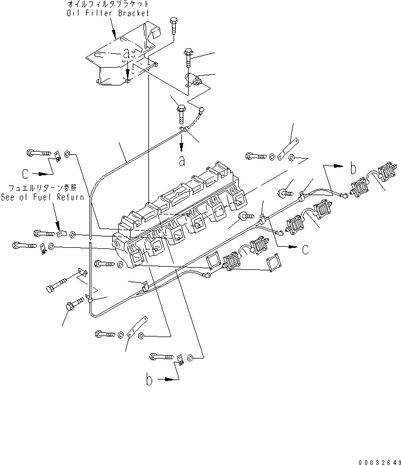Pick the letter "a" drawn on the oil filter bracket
[x=127, y=54]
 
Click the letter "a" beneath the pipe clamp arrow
[x=182, y=160]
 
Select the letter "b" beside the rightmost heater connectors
[x=353, y=168]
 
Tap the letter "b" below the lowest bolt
[x=150, y=380]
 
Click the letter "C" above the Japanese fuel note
[x=25, y=174]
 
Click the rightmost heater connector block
[x=386, y=173]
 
